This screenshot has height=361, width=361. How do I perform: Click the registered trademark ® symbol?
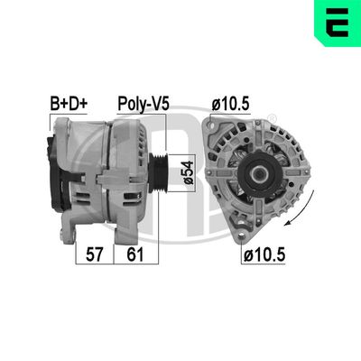[272, 118]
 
